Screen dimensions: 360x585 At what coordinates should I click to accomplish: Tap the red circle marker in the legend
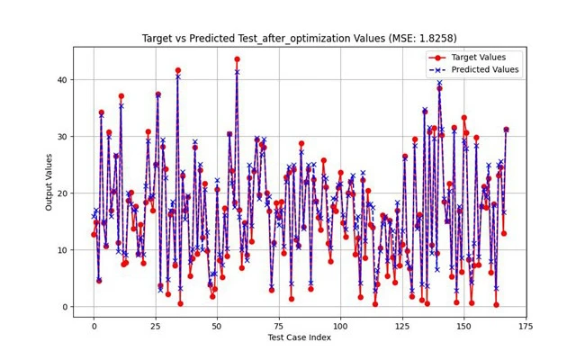(x=442, y=57)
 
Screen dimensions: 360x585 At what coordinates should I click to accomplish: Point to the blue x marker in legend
(x=442, y=69)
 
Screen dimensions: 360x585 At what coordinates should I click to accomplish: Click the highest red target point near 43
(x=237, y=59)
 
